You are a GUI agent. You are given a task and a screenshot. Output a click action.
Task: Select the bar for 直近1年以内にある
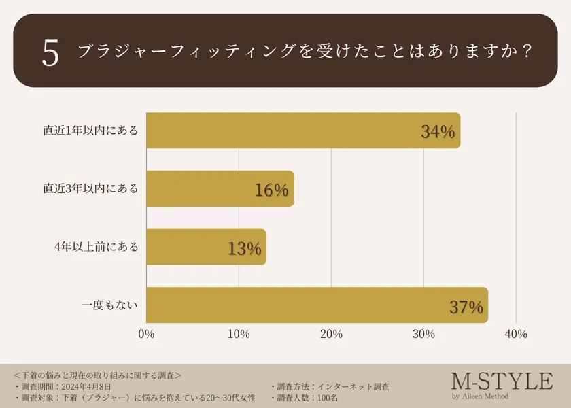303,131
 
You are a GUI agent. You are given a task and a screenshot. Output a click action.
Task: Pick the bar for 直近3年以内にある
220,189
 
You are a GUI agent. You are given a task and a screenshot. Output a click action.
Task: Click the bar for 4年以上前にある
206,247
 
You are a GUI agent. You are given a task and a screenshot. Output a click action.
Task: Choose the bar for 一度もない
317,305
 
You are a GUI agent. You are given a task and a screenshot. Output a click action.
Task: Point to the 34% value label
438,132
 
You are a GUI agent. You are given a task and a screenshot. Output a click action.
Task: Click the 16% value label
272,190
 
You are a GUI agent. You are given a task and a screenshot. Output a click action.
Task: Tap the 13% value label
245,249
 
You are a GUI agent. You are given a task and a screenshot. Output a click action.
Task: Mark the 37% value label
466,307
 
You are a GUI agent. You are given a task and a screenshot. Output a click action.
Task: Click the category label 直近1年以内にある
90,131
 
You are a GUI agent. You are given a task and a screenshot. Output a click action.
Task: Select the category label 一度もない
110,305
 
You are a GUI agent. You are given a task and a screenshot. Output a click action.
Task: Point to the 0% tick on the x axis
146,334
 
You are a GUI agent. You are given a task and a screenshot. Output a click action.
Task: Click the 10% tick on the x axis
239,334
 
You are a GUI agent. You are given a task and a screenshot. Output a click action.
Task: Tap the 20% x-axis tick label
331,334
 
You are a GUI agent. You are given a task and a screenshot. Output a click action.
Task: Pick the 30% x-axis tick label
423,334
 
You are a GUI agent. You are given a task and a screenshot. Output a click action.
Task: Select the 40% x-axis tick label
516,334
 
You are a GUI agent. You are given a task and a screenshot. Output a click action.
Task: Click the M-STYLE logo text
502,381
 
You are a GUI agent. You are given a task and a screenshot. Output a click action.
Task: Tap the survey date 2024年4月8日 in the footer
91,386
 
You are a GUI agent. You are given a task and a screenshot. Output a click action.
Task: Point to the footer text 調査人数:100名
308,397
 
